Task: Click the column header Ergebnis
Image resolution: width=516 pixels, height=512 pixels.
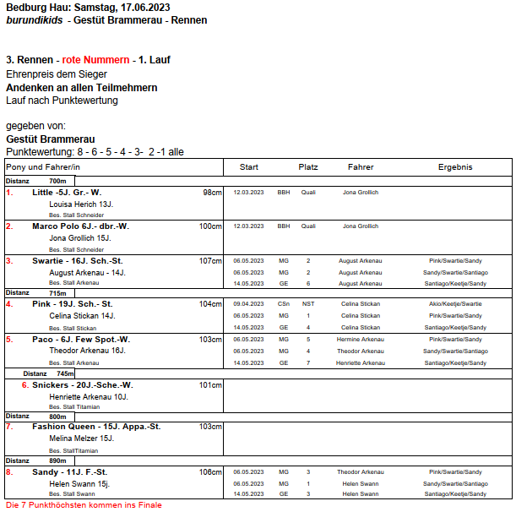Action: click(x=454, y=167)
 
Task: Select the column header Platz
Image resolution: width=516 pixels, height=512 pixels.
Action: click(x=308, y=167)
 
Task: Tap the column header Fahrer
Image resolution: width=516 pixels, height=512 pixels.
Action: click(x=361, y=167)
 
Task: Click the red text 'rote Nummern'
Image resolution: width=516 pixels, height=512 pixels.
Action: click(x=96, y=60)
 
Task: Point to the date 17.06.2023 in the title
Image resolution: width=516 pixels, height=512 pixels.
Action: click(x=160, y=7)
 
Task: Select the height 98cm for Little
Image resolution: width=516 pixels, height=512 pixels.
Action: click(x=212, y=193)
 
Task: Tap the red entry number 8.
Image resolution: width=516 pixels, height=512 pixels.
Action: click(x=9, y=472)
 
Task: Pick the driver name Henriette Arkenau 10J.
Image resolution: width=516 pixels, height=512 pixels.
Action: click(x=89, y=397)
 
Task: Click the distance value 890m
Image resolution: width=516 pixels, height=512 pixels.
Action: click(x=57, y=460)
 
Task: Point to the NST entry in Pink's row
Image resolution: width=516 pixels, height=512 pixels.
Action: click(x=308, y=304)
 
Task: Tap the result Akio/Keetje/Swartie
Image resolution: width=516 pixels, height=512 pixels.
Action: click(x=454, y=304)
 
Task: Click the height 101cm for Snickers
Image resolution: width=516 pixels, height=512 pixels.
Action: click(x=210, y=385)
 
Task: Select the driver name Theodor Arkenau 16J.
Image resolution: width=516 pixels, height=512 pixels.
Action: click(x=87, y=351)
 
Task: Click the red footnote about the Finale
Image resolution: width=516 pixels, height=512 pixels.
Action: click(x=84, y=505)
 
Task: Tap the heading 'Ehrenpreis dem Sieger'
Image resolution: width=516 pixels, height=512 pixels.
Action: click(x=57, y=74)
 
